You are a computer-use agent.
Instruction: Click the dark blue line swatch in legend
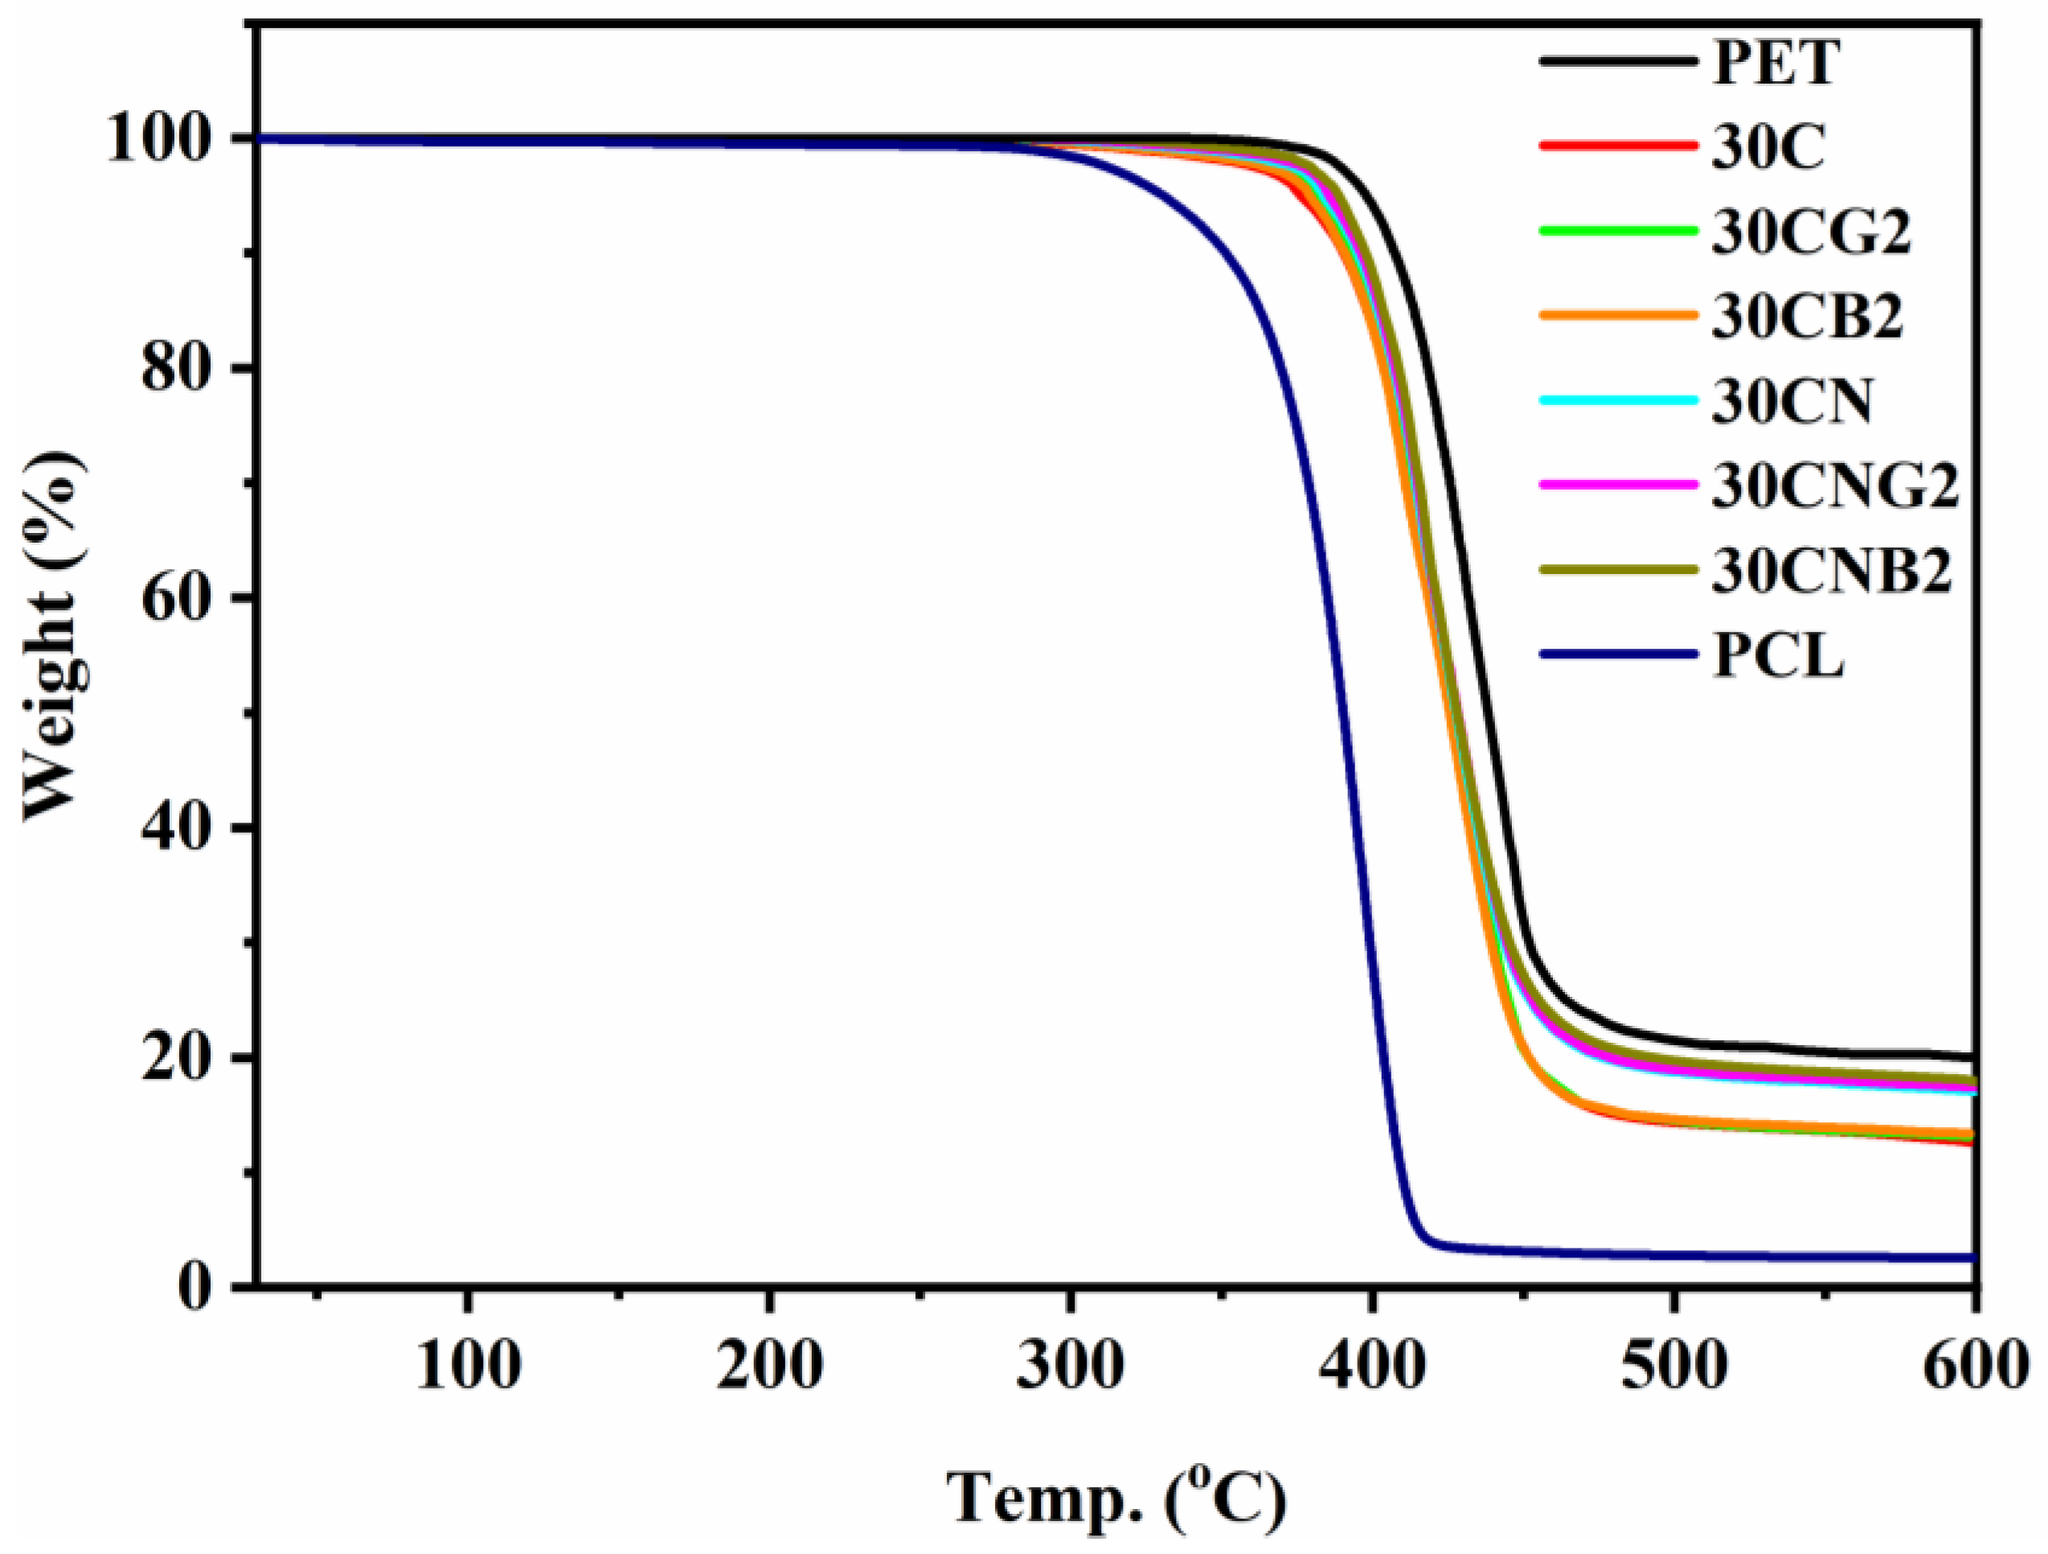tap(1619, 654)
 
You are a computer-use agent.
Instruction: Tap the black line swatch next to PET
tap(1619, 61)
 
